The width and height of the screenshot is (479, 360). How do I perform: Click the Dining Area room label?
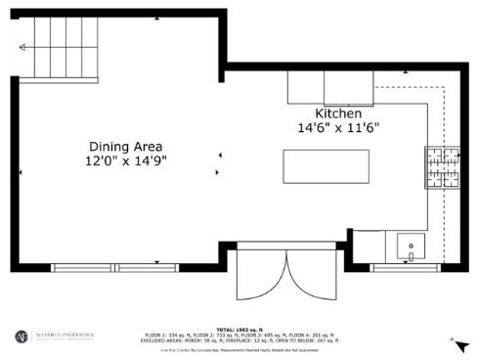coord(126,146)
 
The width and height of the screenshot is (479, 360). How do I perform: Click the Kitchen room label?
coord(337,112)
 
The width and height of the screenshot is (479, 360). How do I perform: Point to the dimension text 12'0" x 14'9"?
coord(126,161)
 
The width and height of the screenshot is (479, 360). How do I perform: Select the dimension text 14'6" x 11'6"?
coord(337,127)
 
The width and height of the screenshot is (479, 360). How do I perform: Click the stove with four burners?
coord(442,167)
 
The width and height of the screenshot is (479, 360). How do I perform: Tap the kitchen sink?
coord(412,244)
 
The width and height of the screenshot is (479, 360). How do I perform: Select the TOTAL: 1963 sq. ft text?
coord(252,329)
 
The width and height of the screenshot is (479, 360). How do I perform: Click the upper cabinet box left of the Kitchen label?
coord(310,88)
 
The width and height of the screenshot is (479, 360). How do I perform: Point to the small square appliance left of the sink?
coord(369,244)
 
